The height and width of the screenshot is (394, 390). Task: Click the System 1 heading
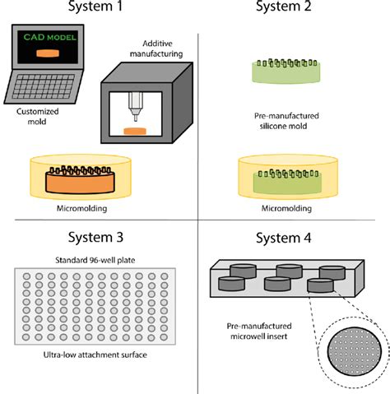click(95, 6)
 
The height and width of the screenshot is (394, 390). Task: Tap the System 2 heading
click(284, 6)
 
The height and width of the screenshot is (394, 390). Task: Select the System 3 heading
click(95, 237)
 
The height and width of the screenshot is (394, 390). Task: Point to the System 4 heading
click(284, 238)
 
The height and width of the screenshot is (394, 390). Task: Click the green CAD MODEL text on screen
click(49, 37)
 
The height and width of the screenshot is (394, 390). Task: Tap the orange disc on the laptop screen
click(48, 53)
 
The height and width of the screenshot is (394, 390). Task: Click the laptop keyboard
click(44, 86)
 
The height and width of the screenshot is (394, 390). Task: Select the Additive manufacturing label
click(156, 49)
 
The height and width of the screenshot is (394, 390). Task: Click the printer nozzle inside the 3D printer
click(136, 106)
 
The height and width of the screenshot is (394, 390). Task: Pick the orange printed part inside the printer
click(135, 132)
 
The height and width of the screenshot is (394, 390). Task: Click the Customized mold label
click(37, 116)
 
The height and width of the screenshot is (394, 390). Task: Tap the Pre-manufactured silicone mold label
click(286, 121)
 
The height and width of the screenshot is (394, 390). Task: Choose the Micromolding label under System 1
click(81, 208)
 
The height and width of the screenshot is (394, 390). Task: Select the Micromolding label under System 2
click(286, 208)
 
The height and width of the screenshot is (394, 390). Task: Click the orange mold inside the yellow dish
click(80, 180)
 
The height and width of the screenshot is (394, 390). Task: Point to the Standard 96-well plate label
click(95, 260)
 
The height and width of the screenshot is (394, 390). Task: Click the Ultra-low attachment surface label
click(95, 355)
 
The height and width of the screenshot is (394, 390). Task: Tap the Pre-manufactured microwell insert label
click(259, 331)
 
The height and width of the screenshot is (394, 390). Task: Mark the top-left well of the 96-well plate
click(26, 276)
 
